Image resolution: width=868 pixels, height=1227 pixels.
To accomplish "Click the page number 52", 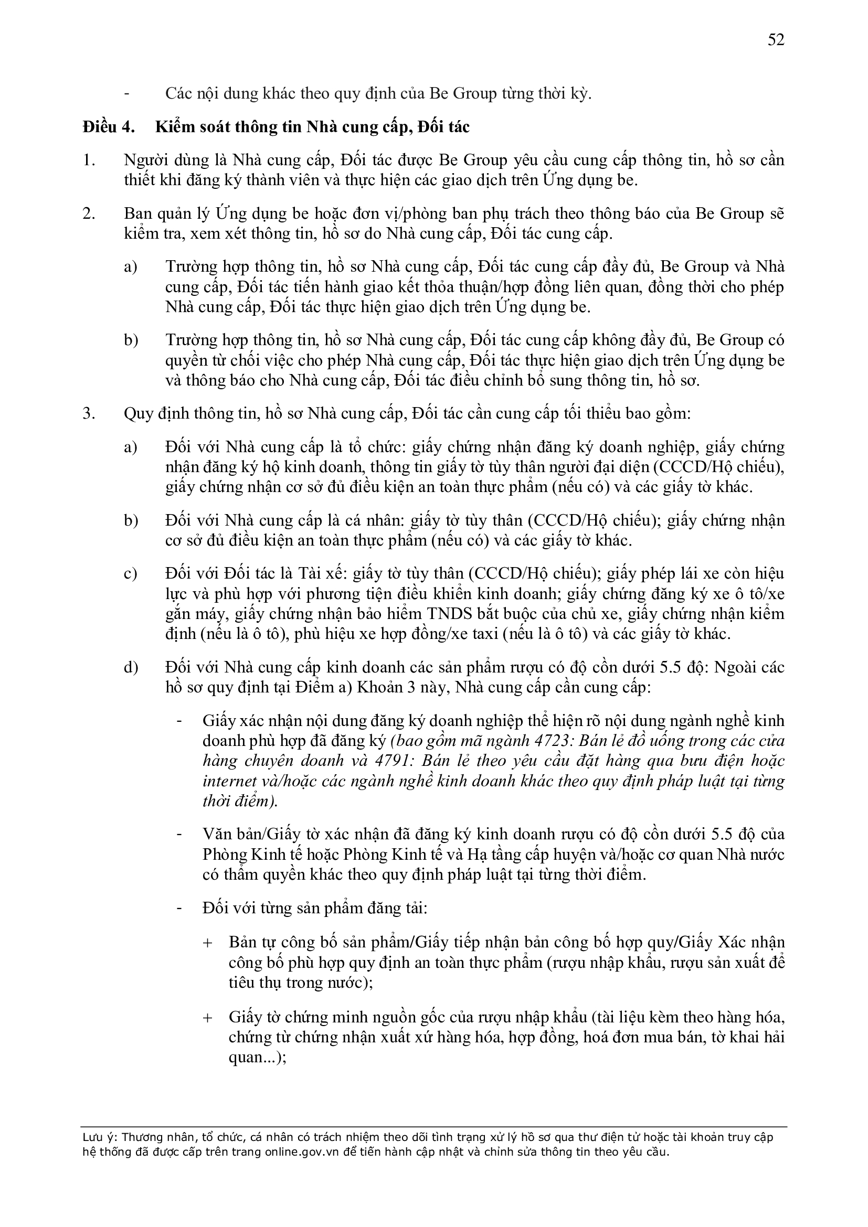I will point(776,39).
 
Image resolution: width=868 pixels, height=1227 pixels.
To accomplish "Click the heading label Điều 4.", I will point(108,127).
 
